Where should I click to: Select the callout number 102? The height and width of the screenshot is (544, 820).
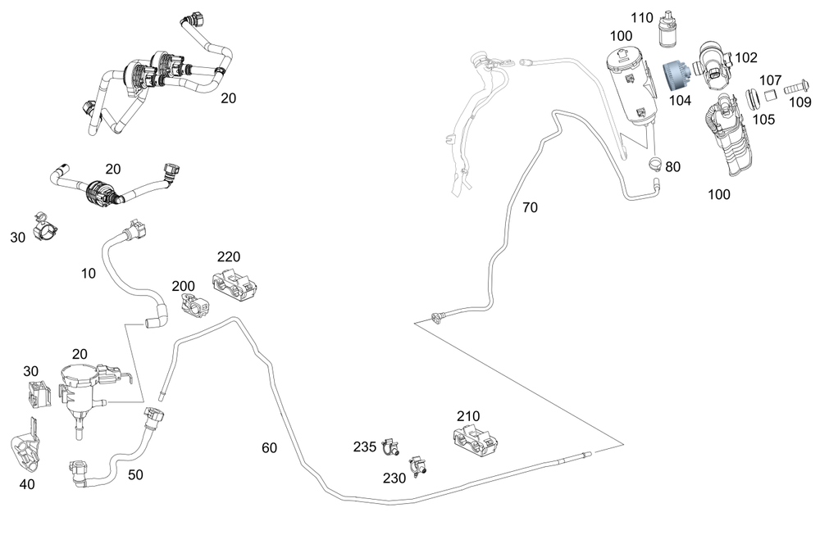pyautogui.click(x=745, y=58)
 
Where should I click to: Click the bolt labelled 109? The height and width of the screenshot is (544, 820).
pyautogui.click(x=794, y=88)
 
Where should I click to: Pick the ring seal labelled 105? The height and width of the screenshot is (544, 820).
pyautogui.click(x=753, y=99)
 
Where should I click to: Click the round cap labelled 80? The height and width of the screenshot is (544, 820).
pyautogui.click(x=655, y=165)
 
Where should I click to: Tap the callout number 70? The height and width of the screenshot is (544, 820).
pyautogui.click(x=531, y=207)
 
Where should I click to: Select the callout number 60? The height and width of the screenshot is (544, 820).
pyautogui.click(x=270, y=447)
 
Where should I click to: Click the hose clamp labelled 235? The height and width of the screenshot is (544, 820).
pyautogui.click(x=389, y=447)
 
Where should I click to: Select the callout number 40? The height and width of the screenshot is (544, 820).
pyautogui.click(x=27, y=483)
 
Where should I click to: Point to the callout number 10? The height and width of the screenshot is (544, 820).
pyautogui.click(x=89, y=273)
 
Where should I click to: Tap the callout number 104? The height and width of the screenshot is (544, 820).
pyautogui.click(x=680, y=101)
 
